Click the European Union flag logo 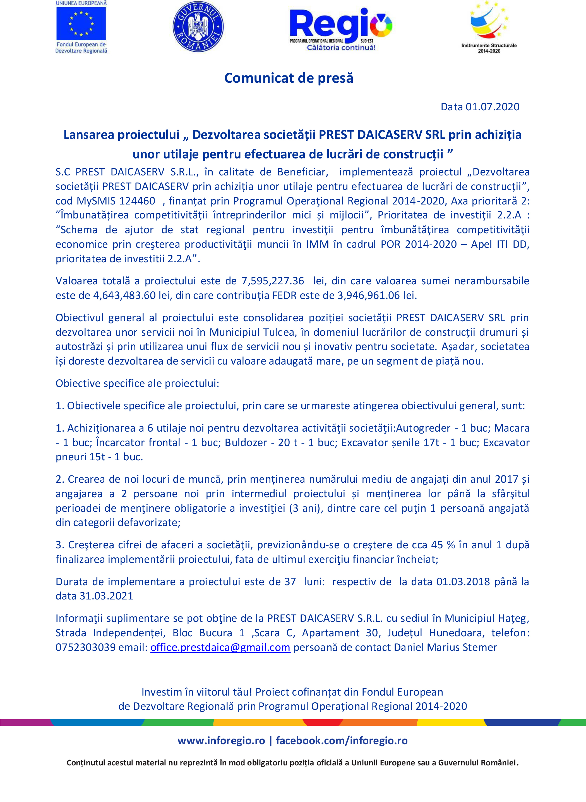(81, 23)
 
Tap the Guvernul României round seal (198, 27)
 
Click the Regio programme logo (340, 28)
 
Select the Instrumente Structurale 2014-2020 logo (489, 27)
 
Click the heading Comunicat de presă (289, 78)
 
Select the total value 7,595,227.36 (273, 281)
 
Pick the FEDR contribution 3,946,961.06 (369, 295)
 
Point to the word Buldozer (246, 442)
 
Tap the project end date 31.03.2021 (106, 596)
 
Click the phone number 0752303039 (85, 647)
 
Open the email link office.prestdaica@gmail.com (220, 647)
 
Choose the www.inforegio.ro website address (221, 740)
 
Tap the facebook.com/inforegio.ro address (342, 740)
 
